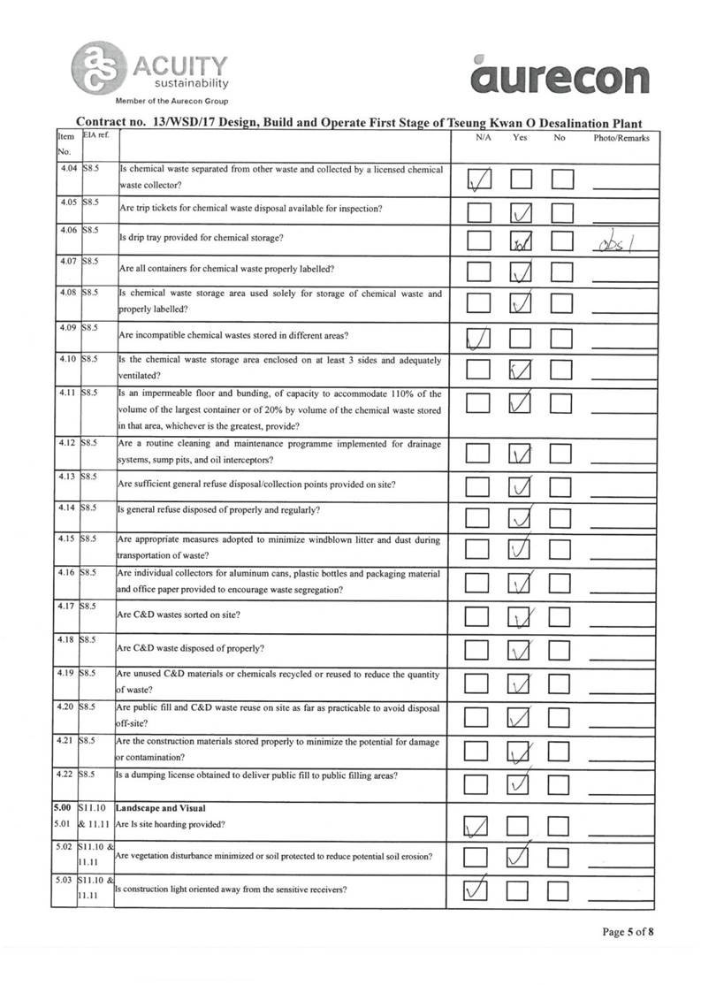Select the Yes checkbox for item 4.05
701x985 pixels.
[x=522, y=212]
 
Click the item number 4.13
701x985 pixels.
[x=65, y=477]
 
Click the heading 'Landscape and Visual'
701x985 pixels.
[x=161, y=807]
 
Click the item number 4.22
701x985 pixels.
[x=65, y=775]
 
